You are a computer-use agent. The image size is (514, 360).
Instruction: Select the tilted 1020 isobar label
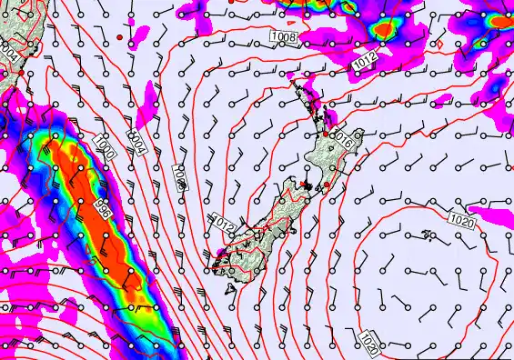click(368, 341)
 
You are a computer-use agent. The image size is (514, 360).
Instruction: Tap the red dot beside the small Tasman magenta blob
click(119, 36)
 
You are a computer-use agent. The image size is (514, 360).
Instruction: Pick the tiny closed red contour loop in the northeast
click(440, 43)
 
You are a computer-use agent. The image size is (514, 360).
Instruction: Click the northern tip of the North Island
click(292, 81)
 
